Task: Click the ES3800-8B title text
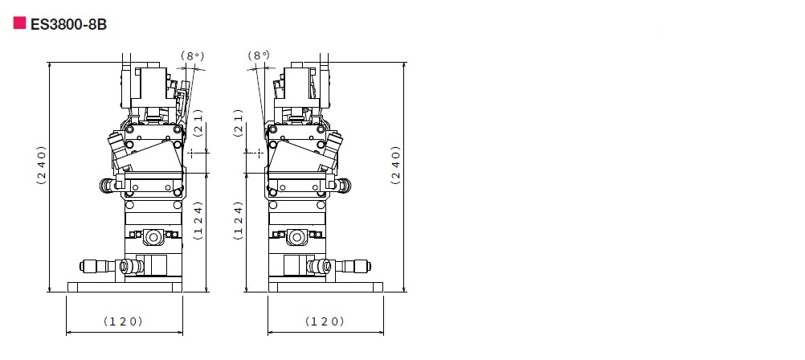pyautogui.click(x=69, y=25)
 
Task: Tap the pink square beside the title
pyautogui.click(x=19, y=23)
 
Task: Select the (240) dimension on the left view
pyautogui.click(x=41, y=166)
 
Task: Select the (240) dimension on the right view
pyautogui.click(x=395, y=166)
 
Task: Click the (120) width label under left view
pyautogui.click(x=123, y=321)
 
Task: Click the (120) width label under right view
pyautogui.click(x=325, y=321)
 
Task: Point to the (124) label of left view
pyautogui.click(x=198, y=220)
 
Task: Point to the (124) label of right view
pyautogui.click(x=238, y=220)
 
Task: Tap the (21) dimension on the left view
pyautogui.click(x=198, y=123)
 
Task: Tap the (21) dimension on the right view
pyautogui.click(x=238, y=123)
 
